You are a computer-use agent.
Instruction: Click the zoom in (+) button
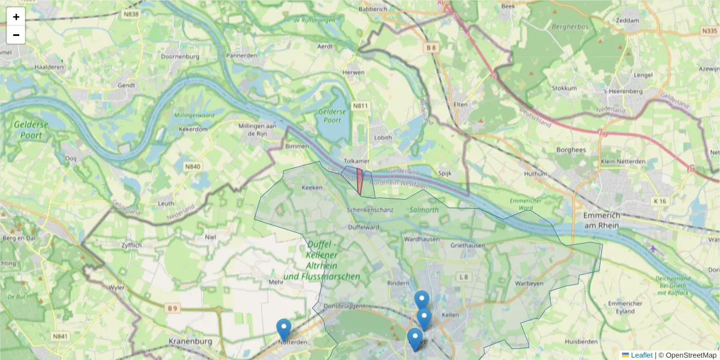pos(16,17)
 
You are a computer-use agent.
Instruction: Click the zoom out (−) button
pos(16,35)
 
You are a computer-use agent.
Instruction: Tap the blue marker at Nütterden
pos(284,329)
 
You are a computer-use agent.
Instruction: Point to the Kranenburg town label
pos(191,341)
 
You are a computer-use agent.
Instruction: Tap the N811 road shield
pos(360,106)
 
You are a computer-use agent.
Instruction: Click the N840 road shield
pos(193,167)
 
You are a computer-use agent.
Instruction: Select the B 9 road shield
pos(173,308)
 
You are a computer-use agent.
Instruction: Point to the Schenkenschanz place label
pos(370,210)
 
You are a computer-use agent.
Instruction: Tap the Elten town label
pos(460,104)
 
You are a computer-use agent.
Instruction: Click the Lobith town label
pos(383,137)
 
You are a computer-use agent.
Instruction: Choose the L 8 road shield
pos(463,277)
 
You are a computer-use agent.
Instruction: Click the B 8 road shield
pos(431,47)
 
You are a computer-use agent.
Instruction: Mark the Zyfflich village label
pos(131,246)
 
